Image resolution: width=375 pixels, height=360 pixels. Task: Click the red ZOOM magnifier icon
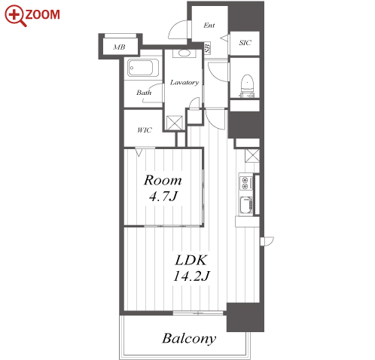coord(16,15)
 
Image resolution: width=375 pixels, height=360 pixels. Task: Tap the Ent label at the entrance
coord(209,25)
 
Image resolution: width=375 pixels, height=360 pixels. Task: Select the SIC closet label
coord(245,43)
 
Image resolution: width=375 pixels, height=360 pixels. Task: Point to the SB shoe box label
coord(207,47)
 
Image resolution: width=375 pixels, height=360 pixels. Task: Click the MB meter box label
coord(119,47)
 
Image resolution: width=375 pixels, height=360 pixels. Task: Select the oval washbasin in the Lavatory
coord(184,53)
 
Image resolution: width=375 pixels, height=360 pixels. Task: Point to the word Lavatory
coord(184,82)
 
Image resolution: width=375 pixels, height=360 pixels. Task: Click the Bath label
coord(144,93)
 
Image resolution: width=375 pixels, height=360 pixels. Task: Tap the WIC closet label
coord(145,130)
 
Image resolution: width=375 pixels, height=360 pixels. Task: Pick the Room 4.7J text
coord(163,188)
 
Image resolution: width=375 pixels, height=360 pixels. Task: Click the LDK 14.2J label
coord(191,267)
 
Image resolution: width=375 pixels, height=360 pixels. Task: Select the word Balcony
coord(189,338)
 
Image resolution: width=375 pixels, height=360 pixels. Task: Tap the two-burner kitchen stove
coord(244,183)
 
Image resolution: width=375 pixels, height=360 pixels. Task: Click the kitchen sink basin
coord(245,205)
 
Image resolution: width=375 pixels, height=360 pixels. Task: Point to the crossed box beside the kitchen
coord(252,155)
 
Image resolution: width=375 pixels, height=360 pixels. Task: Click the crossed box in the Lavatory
coord(175,123)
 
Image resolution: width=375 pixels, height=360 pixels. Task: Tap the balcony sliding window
coord(198,313)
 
